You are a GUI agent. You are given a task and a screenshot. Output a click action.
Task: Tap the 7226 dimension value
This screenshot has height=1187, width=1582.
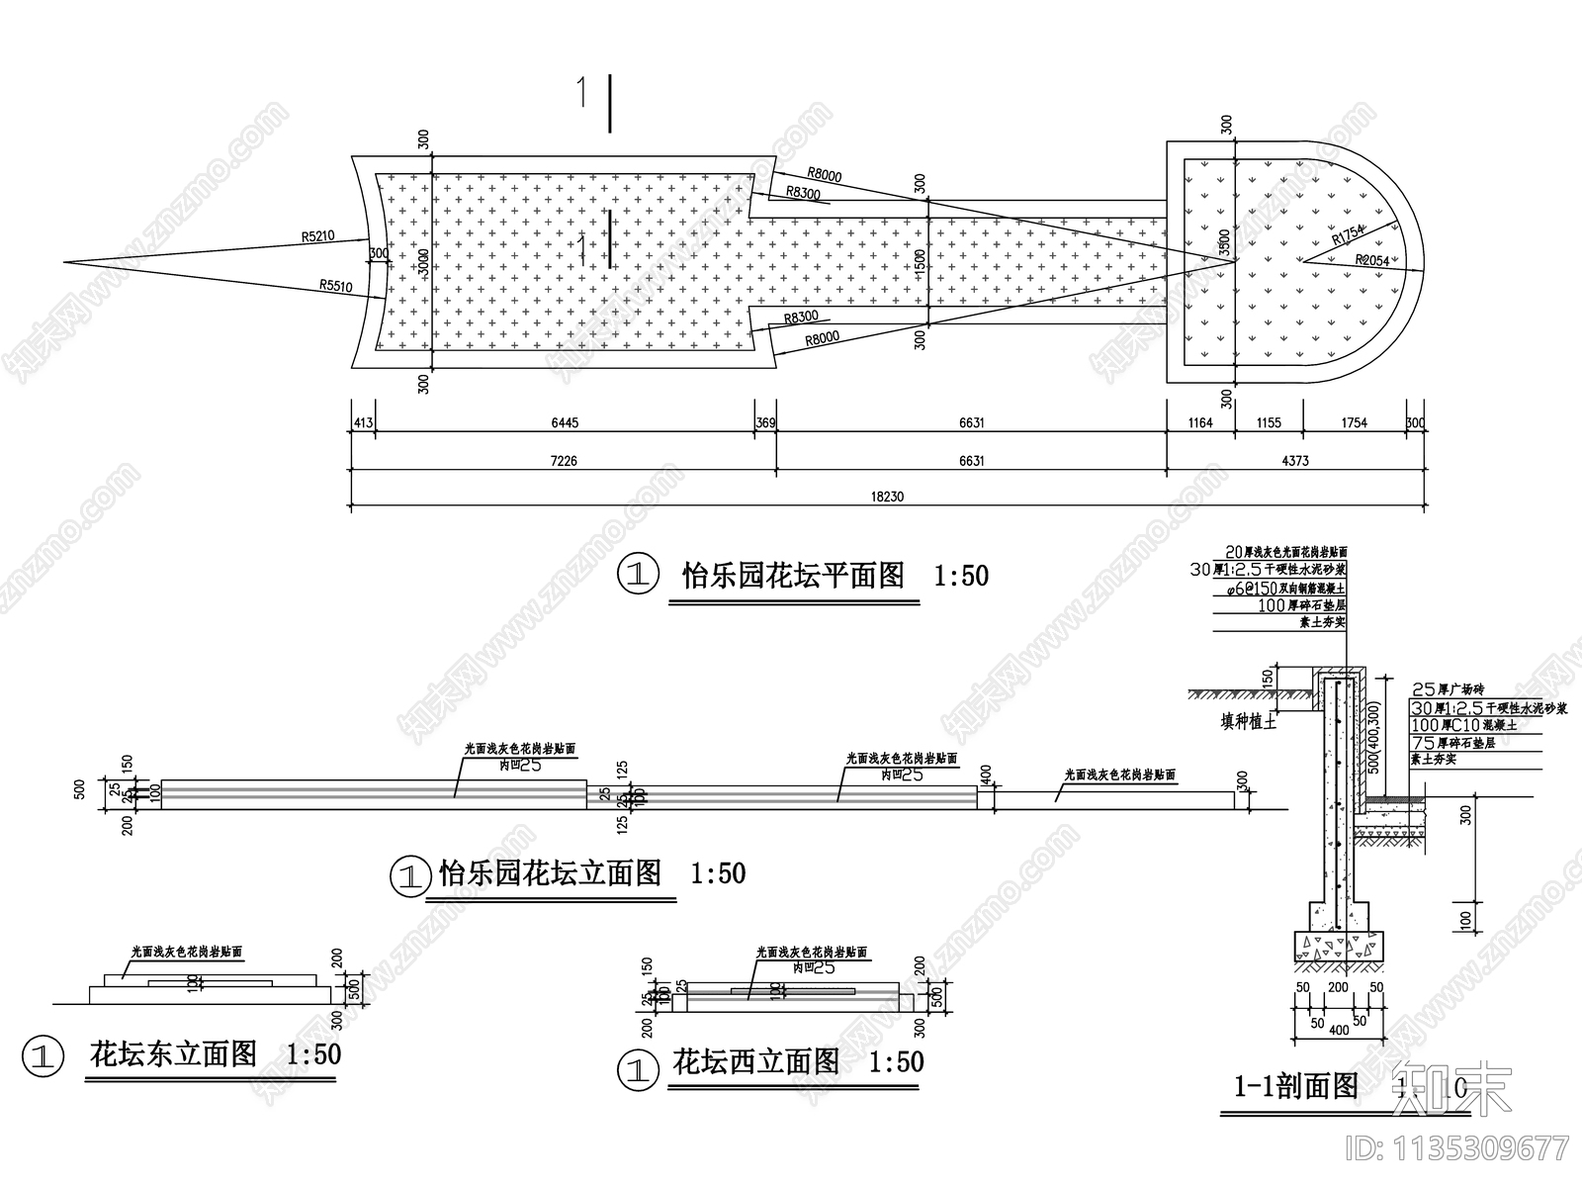point(565,461)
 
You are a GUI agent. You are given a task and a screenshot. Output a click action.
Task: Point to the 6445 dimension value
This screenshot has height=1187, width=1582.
point(565,423)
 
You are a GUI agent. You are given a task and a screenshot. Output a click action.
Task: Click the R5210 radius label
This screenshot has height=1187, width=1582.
point(318,236)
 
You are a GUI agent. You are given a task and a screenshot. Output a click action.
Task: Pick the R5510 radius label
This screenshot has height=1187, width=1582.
point(336,285)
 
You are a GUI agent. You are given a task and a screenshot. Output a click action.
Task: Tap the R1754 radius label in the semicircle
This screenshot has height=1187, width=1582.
point(1348,235)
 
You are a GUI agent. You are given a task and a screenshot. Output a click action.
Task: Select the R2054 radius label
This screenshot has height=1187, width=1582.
point(1371,259)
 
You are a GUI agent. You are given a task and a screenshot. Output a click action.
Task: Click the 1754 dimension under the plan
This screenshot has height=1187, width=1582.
point(1354,423)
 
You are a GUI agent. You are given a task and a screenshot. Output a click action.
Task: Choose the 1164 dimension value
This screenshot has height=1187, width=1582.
point(1199,423)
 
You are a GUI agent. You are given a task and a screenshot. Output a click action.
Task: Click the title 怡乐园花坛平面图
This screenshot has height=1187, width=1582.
point(793,575)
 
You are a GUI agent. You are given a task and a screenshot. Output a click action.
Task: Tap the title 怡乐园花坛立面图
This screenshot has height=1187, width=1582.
point(550,872)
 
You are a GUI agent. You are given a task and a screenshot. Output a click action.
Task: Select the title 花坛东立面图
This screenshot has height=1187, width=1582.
point(174,1054)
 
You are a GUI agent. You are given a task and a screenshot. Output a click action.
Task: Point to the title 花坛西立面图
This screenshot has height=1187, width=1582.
point(755,1062)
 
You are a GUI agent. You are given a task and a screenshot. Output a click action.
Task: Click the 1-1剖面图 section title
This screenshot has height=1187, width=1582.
point(1296,1087)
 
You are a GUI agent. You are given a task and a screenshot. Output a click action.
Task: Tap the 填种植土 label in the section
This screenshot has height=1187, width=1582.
point(1249,722)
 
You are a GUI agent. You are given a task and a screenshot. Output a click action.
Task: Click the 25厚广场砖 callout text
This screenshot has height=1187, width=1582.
point(1449,689)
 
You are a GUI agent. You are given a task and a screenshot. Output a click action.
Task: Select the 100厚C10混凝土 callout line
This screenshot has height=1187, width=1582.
point(1453,725)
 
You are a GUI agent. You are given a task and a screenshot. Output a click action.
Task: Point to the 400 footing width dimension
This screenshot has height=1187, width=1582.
point(1339,1031)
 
